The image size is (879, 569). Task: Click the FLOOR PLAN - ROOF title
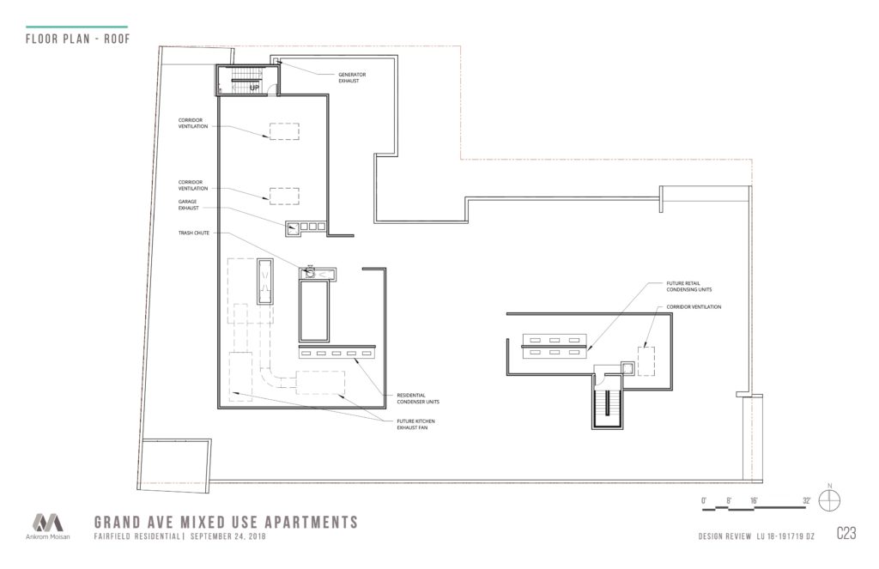78,39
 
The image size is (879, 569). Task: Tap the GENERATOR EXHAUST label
352,77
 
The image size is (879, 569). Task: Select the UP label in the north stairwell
254,88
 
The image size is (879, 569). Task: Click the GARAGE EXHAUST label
188,204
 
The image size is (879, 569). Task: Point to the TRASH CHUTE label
194,233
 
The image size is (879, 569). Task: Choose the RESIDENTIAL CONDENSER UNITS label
418,398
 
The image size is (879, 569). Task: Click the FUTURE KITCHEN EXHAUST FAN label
415,424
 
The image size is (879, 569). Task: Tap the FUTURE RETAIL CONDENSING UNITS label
689,287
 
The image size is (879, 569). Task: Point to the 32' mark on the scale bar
806,500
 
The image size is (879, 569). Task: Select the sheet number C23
846,533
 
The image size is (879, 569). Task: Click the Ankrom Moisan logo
48,526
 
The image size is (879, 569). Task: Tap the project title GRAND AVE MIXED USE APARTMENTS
226,523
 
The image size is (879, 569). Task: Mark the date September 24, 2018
227,536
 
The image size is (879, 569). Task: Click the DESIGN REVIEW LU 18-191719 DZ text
756,536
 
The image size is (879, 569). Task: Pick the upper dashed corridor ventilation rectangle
284,131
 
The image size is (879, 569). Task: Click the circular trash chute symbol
308,274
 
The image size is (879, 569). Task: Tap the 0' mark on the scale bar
704,500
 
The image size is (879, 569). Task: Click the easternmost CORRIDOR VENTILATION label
694,307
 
